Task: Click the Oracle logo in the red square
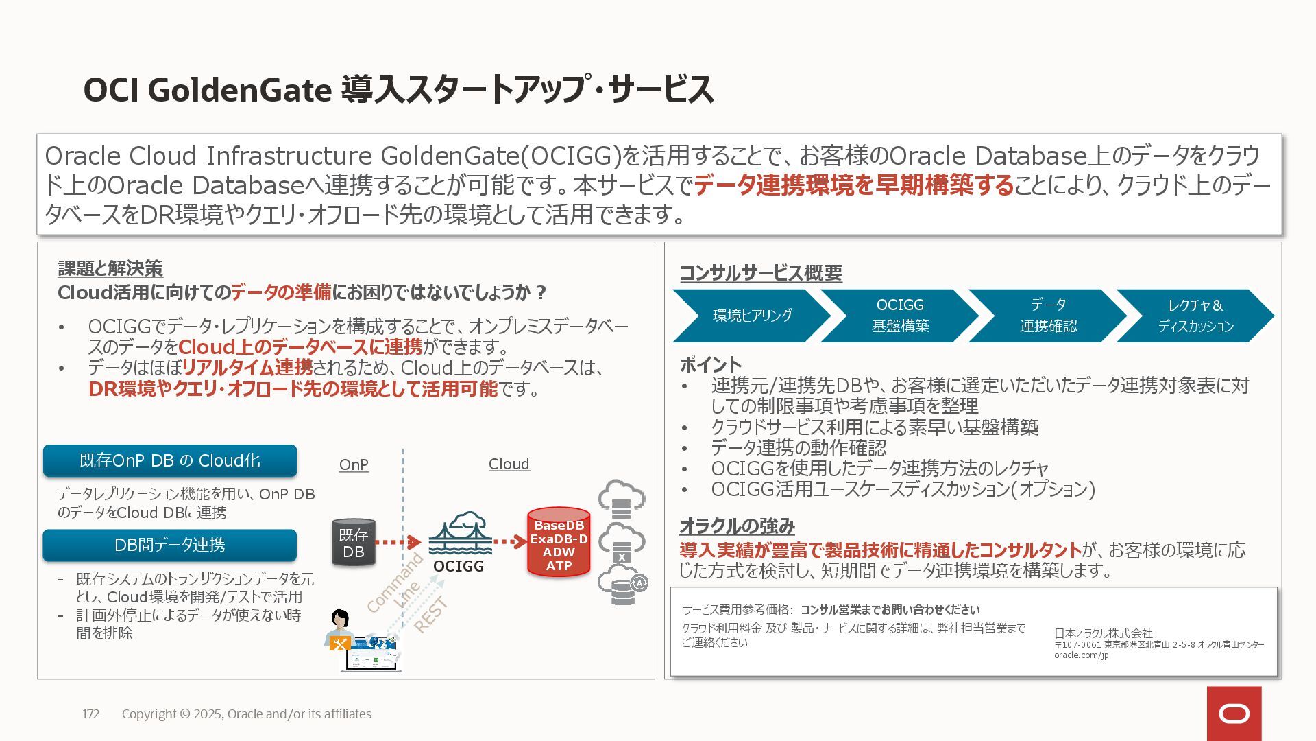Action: pos(1234,714)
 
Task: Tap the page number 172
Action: pos(90,714)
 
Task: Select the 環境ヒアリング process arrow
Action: pos(751,316)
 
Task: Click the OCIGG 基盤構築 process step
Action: pos(899,316)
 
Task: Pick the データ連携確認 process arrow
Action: pos(1047,316)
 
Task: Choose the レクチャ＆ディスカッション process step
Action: pos(1195,316)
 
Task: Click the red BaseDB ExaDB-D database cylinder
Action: pos(559,542)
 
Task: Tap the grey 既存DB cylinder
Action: pos(354,542)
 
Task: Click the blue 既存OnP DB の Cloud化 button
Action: pos(170,460)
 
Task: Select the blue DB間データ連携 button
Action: pos(170,545)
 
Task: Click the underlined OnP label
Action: pos(354,464)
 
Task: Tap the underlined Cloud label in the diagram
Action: pos(509,464)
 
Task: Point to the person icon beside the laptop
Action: pos(339,628)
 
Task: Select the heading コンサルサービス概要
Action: pos(761,273)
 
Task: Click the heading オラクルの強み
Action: pos(737,526)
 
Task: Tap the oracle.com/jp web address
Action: pos(1081,655)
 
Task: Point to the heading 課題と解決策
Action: pos(110,268)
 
